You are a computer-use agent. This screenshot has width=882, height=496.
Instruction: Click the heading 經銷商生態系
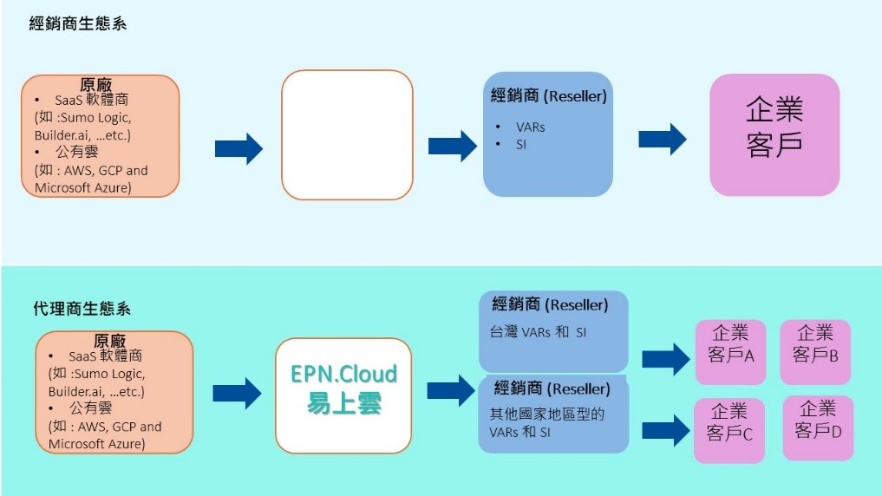[78, 23]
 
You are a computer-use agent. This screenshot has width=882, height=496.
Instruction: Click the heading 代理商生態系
[82, 309]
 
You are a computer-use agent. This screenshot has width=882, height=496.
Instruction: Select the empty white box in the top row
[347, 135]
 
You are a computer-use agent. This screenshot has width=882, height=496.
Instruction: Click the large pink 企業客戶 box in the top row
[774, 134]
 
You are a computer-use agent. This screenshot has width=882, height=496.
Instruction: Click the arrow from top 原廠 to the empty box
[238, 148]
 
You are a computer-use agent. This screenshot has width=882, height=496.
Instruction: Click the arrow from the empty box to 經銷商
[453, 146]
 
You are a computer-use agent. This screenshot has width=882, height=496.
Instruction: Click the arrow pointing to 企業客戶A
[664, 358]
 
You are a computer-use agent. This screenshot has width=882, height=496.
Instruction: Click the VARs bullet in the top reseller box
[529, 127]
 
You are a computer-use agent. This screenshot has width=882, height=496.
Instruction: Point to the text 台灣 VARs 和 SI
[538, 331]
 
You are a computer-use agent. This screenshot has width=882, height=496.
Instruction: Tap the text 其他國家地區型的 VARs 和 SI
[546, 422]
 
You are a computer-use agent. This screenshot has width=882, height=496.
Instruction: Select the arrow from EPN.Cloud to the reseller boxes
[453, 390]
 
